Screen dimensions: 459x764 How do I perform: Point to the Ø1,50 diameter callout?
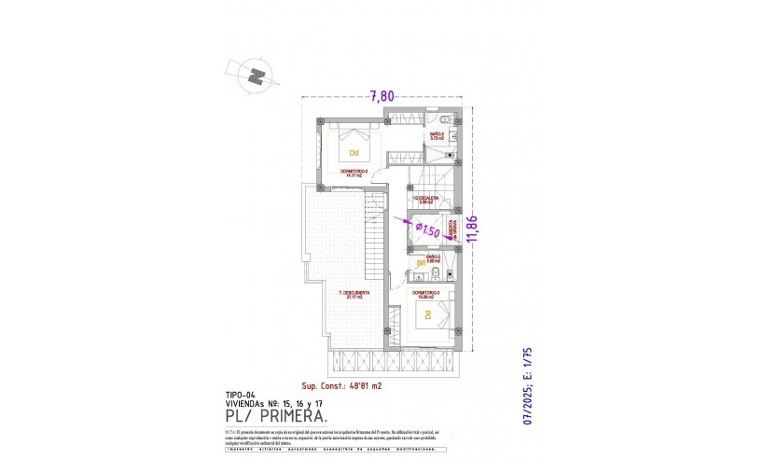pyautogui.click(x=426, y=230)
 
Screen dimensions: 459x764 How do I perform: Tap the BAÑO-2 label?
pyautogui.click(x=437, y=135)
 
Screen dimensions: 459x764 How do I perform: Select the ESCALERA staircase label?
pyautogui.click(x=427, y=198)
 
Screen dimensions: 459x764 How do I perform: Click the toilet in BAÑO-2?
pyautogui.click(x=446, y=121)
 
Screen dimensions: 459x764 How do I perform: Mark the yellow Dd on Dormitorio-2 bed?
pyautogui.click(x=354, y=152)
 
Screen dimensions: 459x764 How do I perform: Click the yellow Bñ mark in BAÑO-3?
pyautogui.click(x=421, y=263)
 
